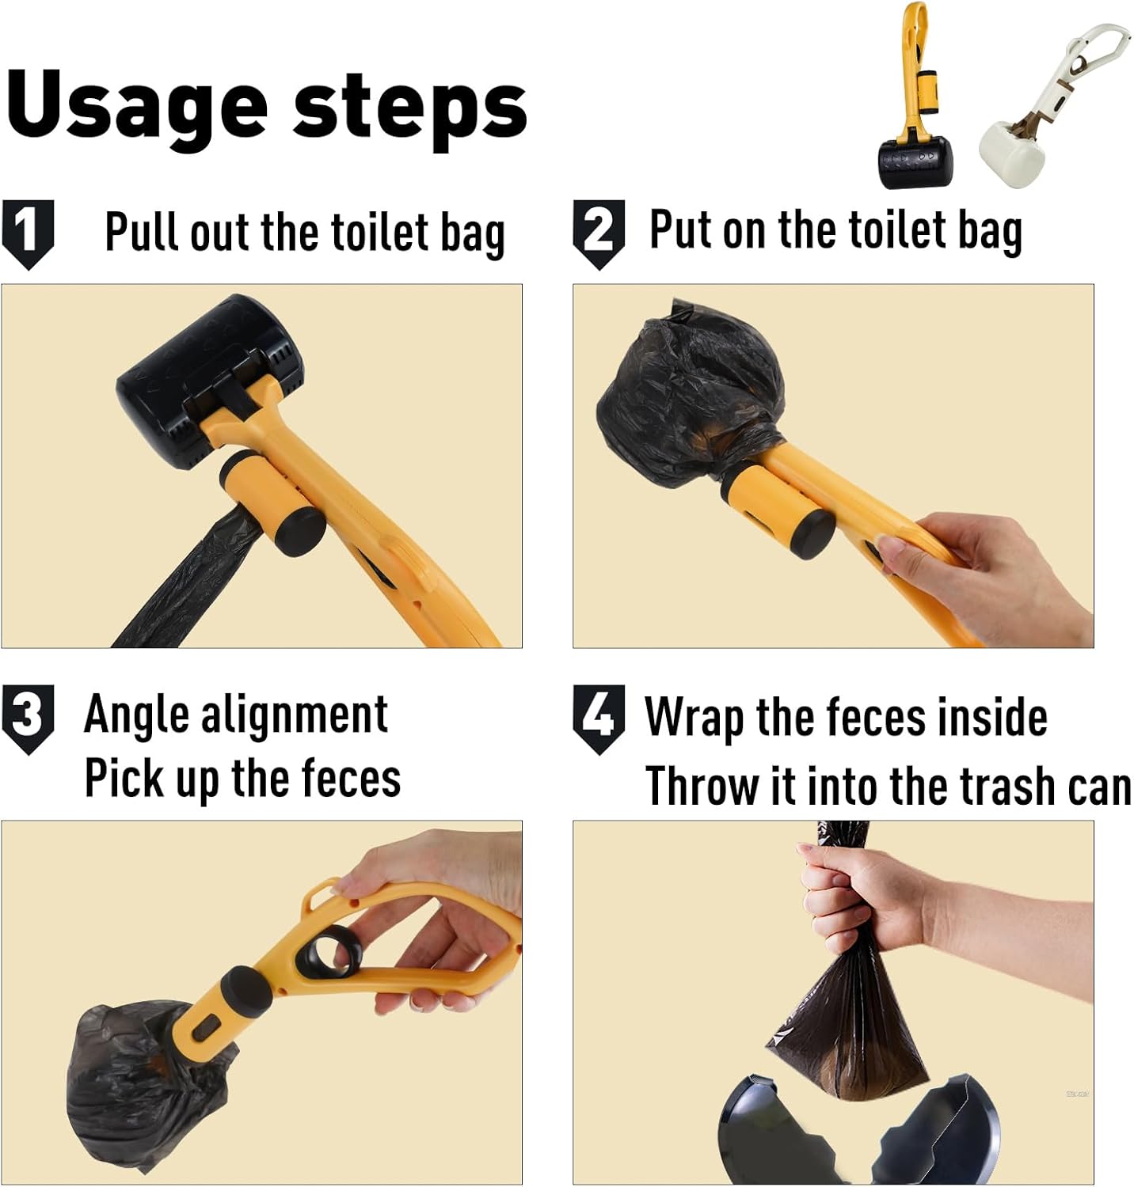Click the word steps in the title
click(x=409, y=107)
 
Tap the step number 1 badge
click(x=28, y=232)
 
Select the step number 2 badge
click(x=599, y=232)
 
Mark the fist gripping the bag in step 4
click(x=855, y=894)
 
